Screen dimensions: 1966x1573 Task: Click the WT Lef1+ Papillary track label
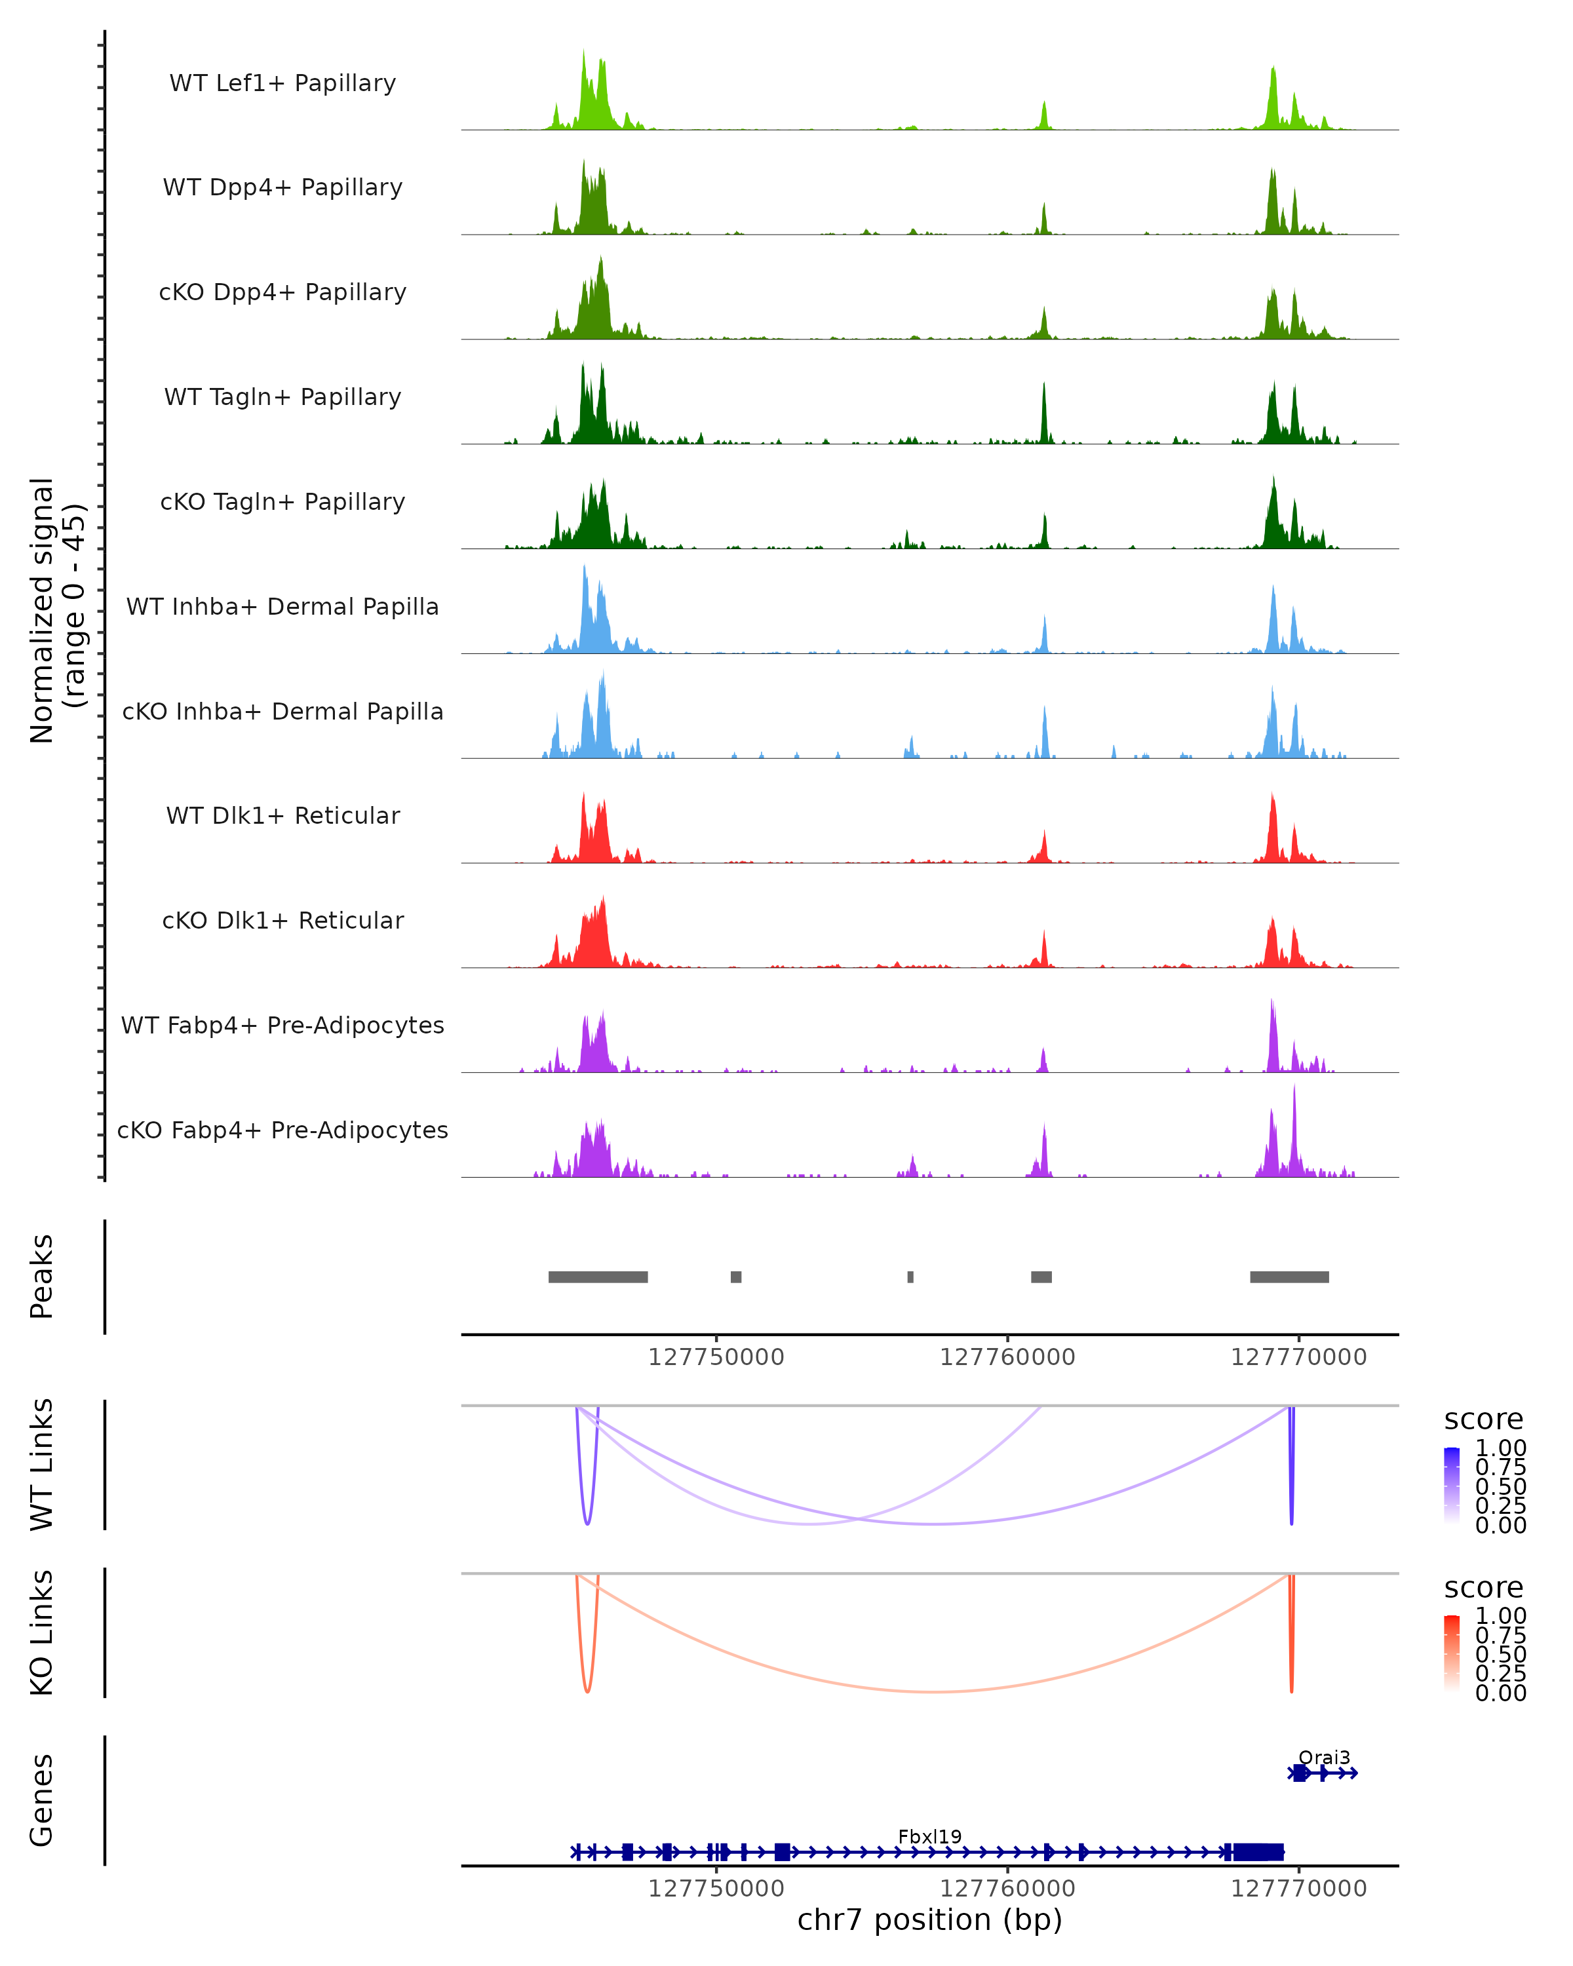[282, 83]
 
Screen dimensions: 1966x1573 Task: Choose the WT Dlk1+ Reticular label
[282, 815]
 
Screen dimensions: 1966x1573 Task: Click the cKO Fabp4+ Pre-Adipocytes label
[282, 1130]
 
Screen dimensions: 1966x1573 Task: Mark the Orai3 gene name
[1323, 1757]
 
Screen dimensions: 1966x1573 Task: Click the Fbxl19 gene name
[929, 1836]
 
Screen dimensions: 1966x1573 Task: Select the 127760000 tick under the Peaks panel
[1007, 1357]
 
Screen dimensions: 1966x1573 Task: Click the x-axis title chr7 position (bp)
[929, 1919]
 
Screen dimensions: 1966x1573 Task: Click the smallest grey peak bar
[910, 1277]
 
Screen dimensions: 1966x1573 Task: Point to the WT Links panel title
[42, 1465]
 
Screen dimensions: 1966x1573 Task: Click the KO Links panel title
[42, 1632]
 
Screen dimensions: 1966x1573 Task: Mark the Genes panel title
[42, 1800]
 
